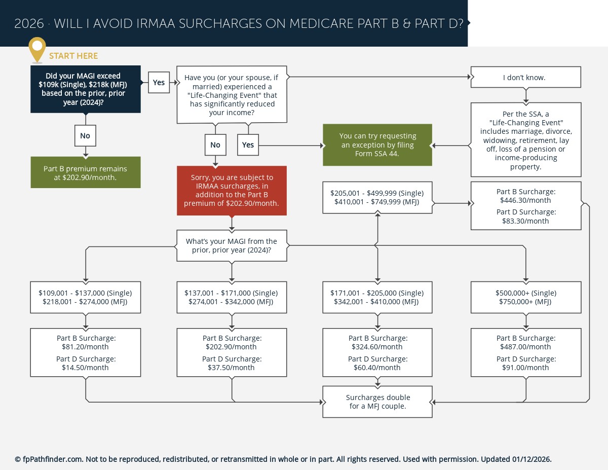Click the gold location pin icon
pos(37,49)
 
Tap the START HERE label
pos(73,56)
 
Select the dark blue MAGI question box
pos(85,89)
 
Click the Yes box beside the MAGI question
pos(159,82)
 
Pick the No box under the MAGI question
pos(85,136)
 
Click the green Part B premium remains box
pos(85,173)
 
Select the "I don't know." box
pos(525,78)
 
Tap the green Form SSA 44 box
pos(377,145)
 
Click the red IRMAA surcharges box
pos(232,191)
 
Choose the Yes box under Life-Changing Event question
pos(248,145)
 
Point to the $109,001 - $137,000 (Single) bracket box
pos(85,297)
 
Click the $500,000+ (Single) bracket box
pos(525,297)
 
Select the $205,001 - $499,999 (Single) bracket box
pos(377,197)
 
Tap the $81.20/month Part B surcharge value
pos(85,347)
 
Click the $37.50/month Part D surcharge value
pos(232,368)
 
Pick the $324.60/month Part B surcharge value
pos(377,347)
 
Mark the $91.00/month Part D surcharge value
pos(525,368)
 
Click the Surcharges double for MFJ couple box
pos(377,402)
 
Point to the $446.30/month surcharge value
pos(525,200)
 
